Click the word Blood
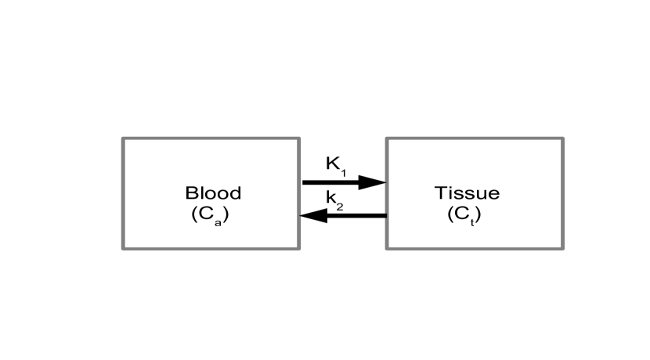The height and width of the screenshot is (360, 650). point(213,193)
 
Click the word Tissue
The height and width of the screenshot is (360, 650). point(467,193)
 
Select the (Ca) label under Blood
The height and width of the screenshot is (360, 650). point(211,215)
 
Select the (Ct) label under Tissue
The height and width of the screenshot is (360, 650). point(464,215)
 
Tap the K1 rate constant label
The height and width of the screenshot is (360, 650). point(335,165)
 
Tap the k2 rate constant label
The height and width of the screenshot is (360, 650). point(334,201)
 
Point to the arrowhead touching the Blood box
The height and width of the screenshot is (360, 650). point(313,215)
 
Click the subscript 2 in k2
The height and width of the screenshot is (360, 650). point(340,206)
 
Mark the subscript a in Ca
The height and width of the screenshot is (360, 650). point(217,220)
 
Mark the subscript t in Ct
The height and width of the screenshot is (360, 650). point(471,220)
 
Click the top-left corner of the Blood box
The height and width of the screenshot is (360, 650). point(123,139)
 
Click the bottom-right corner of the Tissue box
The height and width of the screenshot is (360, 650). point(562,248)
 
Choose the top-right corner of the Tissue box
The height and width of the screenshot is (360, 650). point(562,139)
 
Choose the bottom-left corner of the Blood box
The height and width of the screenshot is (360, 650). point(123,248)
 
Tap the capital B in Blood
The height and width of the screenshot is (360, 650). point(190,193)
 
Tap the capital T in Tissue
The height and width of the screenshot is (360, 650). point(439,193)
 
